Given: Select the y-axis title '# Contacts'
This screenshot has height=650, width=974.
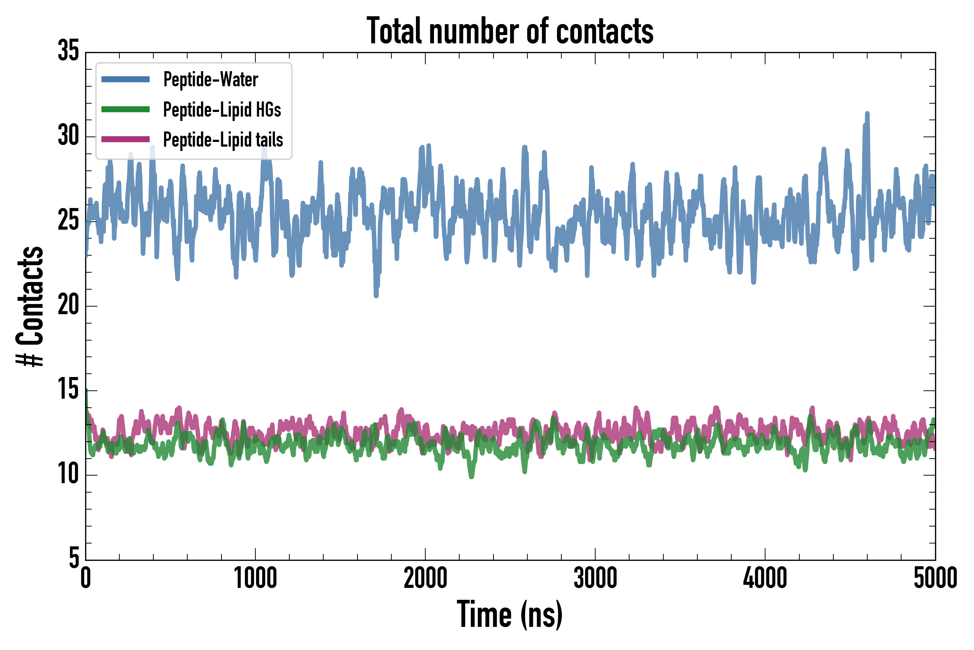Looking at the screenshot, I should point(30,306).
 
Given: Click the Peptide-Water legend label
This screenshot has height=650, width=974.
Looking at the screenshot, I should point(210,79).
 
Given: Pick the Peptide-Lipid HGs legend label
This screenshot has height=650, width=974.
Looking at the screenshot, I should point(222,109).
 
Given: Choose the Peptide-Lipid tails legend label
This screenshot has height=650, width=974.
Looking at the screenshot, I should point(223,140).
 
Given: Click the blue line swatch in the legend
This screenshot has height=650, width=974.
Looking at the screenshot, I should point(126,79).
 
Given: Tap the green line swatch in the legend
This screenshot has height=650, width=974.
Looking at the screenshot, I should point(126,109).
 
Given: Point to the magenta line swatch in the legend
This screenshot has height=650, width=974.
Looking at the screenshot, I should point(126,139).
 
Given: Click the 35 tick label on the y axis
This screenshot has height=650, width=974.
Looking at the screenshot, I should point(68,51).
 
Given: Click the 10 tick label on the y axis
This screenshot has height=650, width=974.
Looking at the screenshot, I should point(68,474).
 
